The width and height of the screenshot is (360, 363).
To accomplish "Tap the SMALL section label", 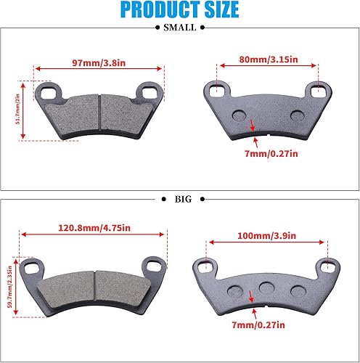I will coord(179,28).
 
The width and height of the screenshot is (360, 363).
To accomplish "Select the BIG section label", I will coord(179,197).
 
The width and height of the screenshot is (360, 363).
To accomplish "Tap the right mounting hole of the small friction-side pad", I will coord(152,92).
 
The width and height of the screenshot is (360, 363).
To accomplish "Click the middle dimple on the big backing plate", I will coord(266,286).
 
